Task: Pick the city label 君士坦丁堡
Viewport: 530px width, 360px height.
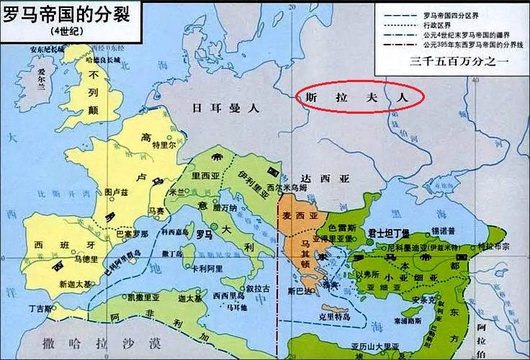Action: (388, 232)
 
